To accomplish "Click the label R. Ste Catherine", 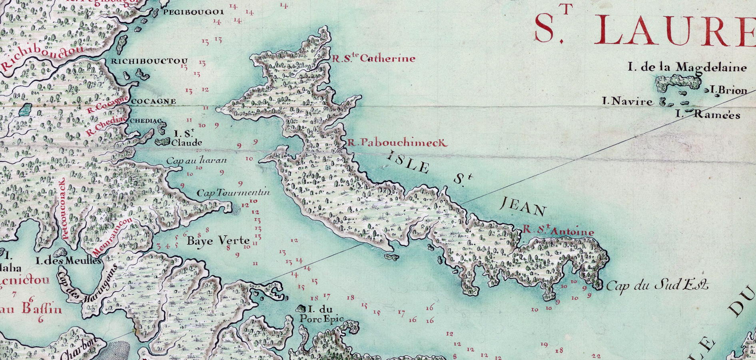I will coord(374,58).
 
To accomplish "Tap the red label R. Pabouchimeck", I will coord(397,142).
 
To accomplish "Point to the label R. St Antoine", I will coord(559,231).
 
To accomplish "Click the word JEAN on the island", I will coord(523,208).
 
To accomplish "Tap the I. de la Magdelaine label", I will coord(687,67).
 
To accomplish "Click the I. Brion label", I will coord(728,90).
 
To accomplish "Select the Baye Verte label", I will coord(218,241).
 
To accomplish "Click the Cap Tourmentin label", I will coord(233,193).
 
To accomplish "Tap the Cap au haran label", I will coord(196,161).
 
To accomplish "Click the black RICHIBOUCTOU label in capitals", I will coord(149,61).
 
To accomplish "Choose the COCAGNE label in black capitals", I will coord(154,101).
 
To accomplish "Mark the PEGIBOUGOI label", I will coord(193,12).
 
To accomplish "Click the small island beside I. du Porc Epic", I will coord(301,308).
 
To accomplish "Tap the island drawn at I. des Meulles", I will coord(61,252).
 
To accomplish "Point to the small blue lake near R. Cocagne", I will coord(25,109).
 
